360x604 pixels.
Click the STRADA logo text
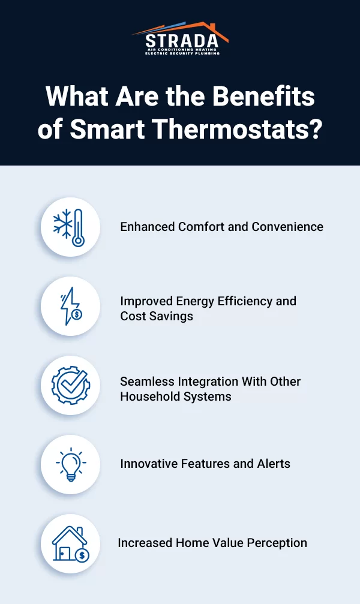coord(180,41)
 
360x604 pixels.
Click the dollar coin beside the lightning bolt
coord(76,314)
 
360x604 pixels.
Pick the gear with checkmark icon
coord(70,385)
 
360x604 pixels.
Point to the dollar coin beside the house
coord(82,556)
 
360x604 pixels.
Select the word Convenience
coord(287,227)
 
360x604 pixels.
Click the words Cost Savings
coord(157,316)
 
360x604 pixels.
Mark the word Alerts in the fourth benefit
coord(273,463)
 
